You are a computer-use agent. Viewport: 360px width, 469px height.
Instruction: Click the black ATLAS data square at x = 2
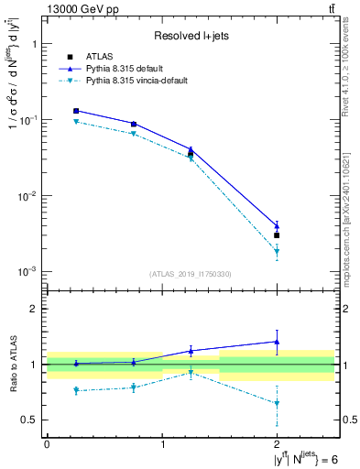click(x=278, y=235)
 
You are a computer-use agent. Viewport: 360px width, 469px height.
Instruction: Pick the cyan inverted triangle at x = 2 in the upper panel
click(x=278, y=252)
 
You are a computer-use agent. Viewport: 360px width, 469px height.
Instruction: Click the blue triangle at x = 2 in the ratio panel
click(x=278, y=342)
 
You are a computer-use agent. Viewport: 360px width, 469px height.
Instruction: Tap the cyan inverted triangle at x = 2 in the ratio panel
click(x=278, y=403)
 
